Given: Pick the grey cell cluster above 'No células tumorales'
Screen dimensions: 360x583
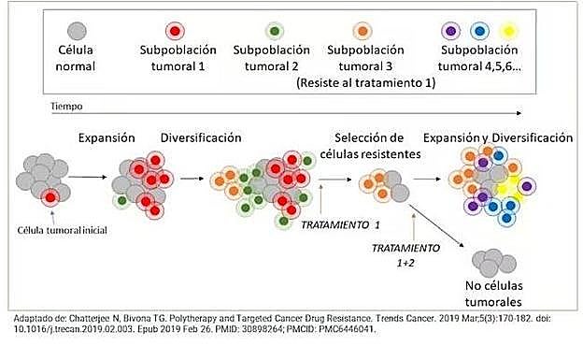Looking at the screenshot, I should coord(492,260).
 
